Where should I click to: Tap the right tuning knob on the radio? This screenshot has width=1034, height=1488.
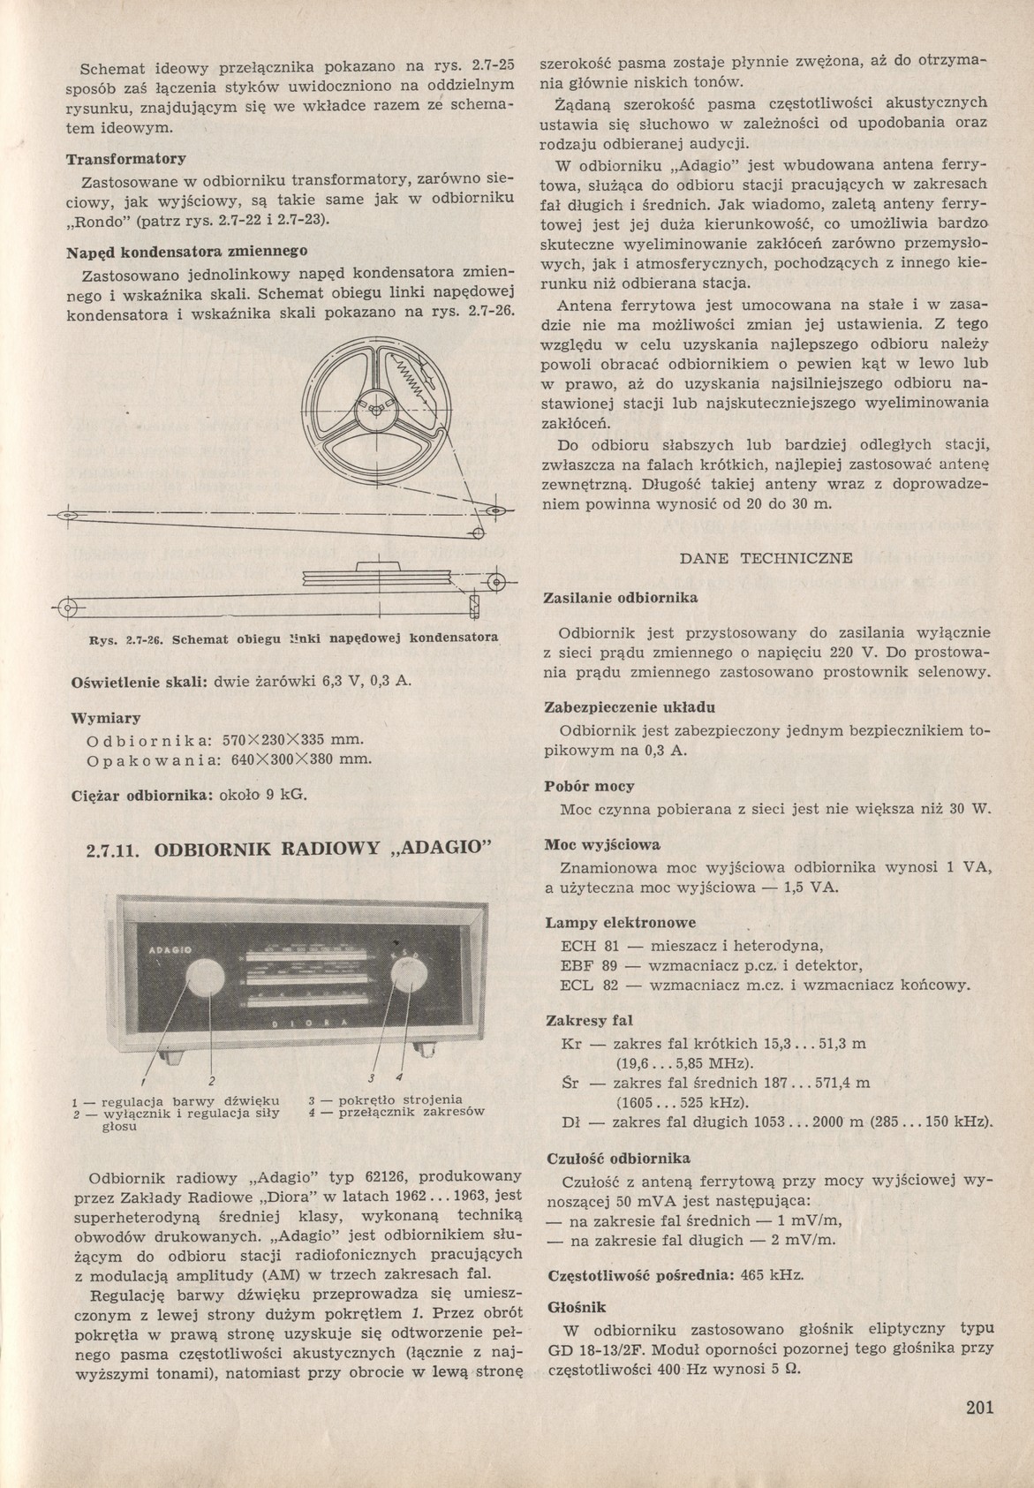pos(410,978)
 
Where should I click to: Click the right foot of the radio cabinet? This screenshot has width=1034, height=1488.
pos(429,1050)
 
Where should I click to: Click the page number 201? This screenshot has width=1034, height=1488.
pos(980,1408)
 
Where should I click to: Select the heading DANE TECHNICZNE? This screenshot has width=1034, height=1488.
pos(766,558)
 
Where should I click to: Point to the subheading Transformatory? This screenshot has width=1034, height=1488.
pos(125,160)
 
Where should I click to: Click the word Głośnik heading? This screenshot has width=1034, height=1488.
pos(577,1305)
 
